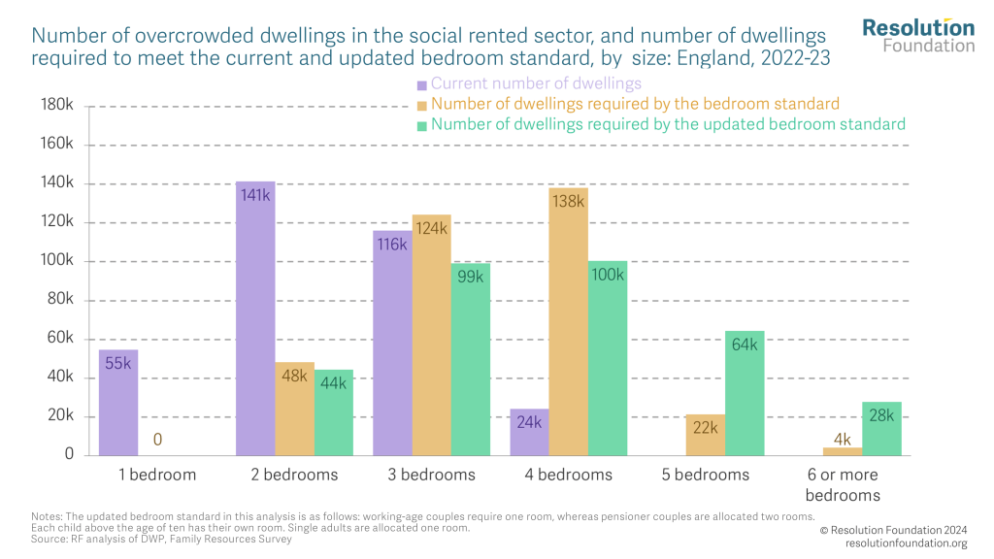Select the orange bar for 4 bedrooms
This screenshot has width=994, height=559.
[568, 321]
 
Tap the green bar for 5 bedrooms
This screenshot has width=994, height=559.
[745, 393]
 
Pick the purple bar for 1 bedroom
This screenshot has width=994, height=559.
[118, 402]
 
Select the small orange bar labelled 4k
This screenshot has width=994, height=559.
[842, 450]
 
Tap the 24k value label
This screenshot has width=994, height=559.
[529, 422]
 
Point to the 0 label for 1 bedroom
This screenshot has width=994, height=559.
[158, 441]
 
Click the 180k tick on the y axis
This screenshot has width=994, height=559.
[56, 106]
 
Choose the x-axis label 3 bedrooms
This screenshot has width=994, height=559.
[432, 476]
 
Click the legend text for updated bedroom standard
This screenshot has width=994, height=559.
[668, 124]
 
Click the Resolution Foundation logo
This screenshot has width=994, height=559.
[918, 35]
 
